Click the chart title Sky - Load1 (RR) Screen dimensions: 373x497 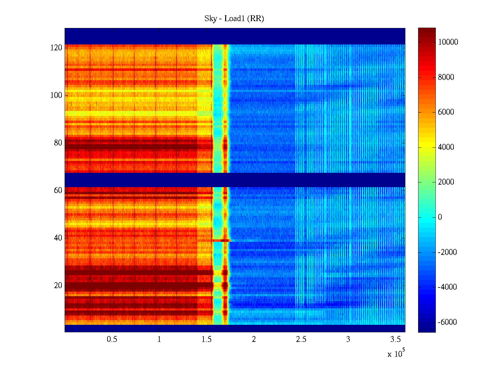point(234,19)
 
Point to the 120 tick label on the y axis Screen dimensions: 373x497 point(56,48)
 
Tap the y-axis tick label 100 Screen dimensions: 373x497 point(56,95)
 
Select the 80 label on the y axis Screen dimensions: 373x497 point(58,143)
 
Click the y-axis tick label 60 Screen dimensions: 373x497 point(58,191)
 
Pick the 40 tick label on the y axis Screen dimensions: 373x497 point(58,238)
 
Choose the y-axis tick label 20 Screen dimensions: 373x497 point(58,286)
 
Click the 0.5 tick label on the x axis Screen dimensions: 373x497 point(112,339)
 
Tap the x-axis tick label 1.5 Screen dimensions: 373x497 point(206,339)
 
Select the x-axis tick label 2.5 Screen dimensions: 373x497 point(301,339)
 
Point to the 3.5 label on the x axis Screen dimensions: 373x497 point(395,339)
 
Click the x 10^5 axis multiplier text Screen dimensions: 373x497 point(396,354)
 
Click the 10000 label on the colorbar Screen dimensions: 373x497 point(448,42)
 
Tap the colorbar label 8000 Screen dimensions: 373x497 point(446,77)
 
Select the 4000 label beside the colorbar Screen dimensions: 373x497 point(446,147)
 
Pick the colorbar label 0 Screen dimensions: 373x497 point(440,217)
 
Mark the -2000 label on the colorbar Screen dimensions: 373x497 point(447,252)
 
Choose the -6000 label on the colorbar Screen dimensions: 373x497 point(447,322)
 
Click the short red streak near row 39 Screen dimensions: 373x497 point(221,241)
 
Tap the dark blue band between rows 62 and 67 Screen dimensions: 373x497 point(235,180)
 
